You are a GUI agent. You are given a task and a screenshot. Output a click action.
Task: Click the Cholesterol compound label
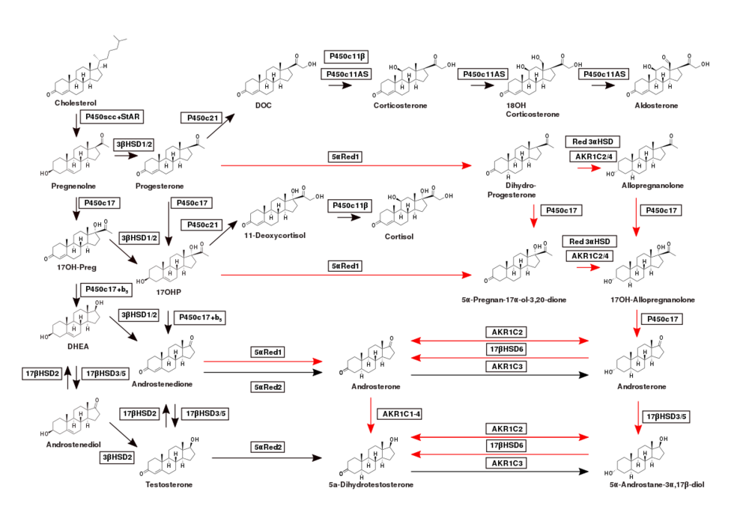click(x=76, y=103)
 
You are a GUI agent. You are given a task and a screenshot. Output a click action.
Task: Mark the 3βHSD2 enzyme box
click(x=117, y=455)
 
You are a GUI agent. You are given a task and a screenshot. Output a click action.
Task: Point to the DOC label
click(x=263, y=106)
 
